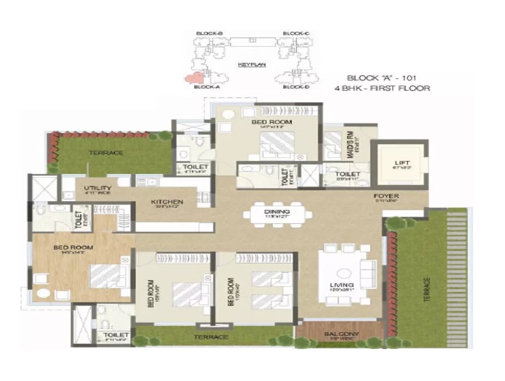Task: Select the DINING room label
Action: (277, 212)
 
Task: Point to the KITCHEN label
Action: (167, 201)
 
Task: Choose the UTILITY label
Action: (98, 188)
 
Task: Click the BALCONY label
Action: (341, 334)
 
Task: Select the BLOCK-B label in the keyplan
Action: (209, 33)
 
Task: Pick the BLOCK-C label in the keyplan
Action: (296, 33)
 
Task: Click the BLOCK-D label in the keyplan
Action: (296, 87)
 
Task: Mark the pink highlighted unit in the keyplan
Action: (195, 78)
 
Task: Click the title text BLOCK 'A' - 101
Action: (382, 78)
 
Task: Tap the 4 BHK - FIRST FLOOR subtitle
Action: (382, 88)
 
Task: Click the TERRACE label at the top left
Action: (106, 153)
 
